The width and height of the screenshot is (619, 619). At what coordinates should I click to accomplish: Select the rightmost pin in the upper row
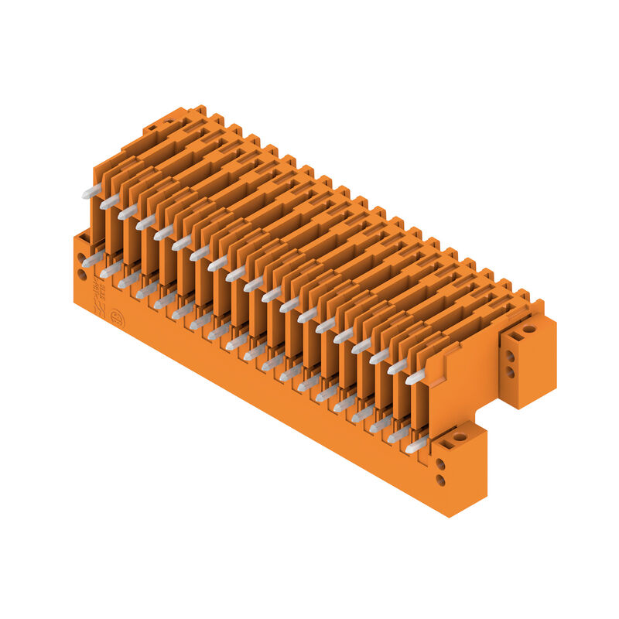tap(416, 376)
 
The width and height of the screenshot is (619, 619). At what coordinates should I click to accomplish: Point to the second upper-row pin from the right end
tap(397, 366)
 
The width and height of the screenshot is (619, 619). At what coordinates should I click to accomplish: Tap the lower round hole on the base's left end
tap(83, 274)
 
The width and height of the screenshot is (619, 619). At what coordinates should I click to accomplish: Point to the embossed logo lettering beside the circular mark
tap(99, 300)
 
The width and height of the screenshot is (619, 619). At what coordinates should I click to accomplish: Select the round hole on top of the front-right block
tap(460, 437)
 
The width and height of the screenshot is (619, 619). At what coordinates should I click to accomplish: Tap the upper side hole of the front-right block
tap(439, 464)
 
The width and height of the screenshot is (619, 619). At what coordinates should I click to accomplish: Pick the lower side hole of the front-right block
tap(439, 480)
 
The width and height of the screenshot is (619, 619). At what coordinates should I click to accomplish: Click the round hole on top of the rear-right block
tap(528, 328)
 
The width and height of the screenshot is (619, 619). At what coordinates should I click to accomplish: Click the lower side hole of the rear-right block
tap(510, 371)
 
